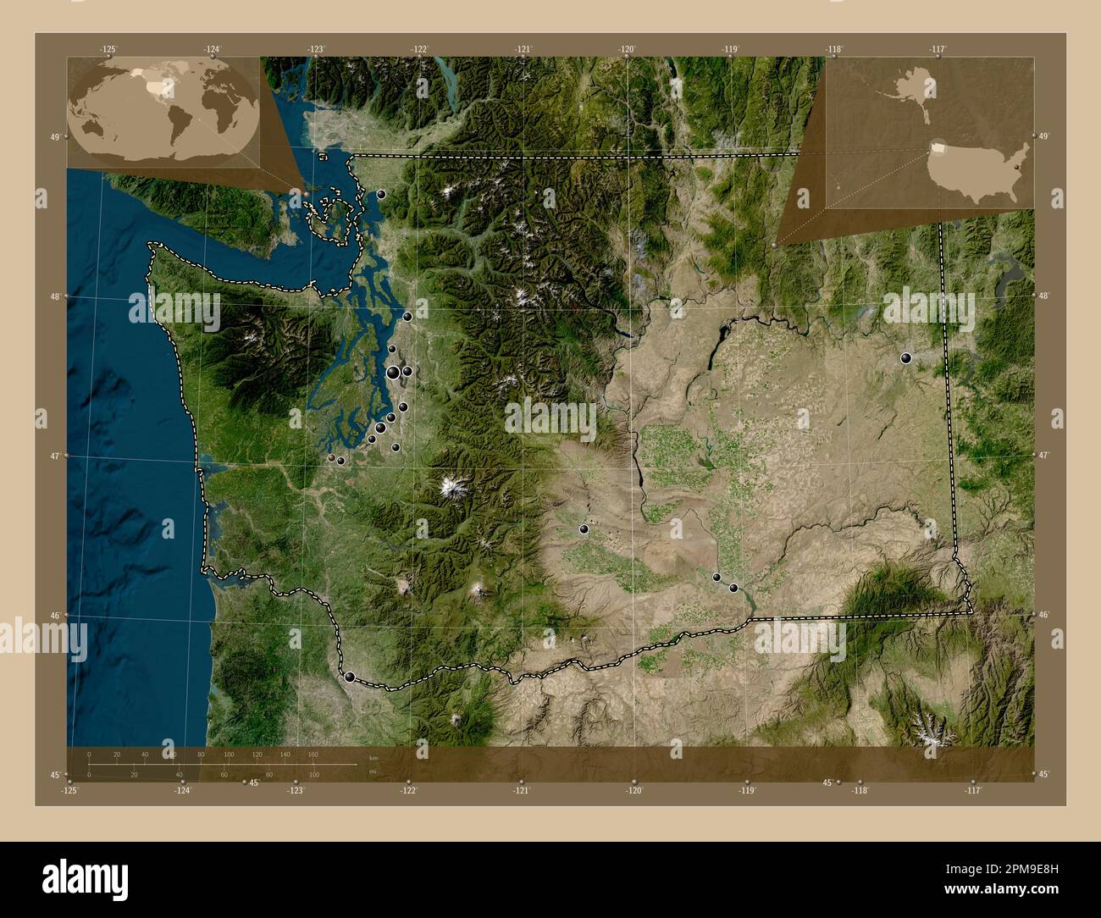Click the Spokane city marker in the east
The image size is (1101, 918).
tap(906, 358)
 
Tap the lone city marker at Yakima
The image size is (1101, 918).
tap(584, 529)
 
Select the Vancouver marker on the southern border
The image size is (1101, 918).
tap(350, 677)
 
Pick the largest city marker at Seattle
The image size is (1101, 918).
tap(394, 372)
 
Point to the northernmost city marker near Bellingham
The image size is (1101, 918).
tap(381, 194)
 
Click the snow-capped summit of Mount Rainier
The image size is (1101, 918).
tap(449, 488)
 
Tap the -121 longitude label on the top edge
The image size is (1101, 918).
tap(523, 50)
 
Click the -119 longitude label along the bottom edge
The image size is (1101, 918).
tap(746, 790)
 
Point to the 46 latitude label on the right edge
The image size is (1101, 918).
tap(1045, 615)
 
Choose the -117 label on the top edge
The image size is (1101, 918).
tap(937, 50)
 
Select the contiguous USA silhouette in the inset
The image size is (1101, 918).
tap(978, 172)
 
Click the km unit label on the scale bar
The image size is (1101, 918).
tap(373, 756)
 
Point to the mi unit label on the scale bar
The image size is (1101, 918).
tap(372, 772)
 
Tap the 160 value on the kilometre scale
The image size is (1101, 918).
tap(313, 754)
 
